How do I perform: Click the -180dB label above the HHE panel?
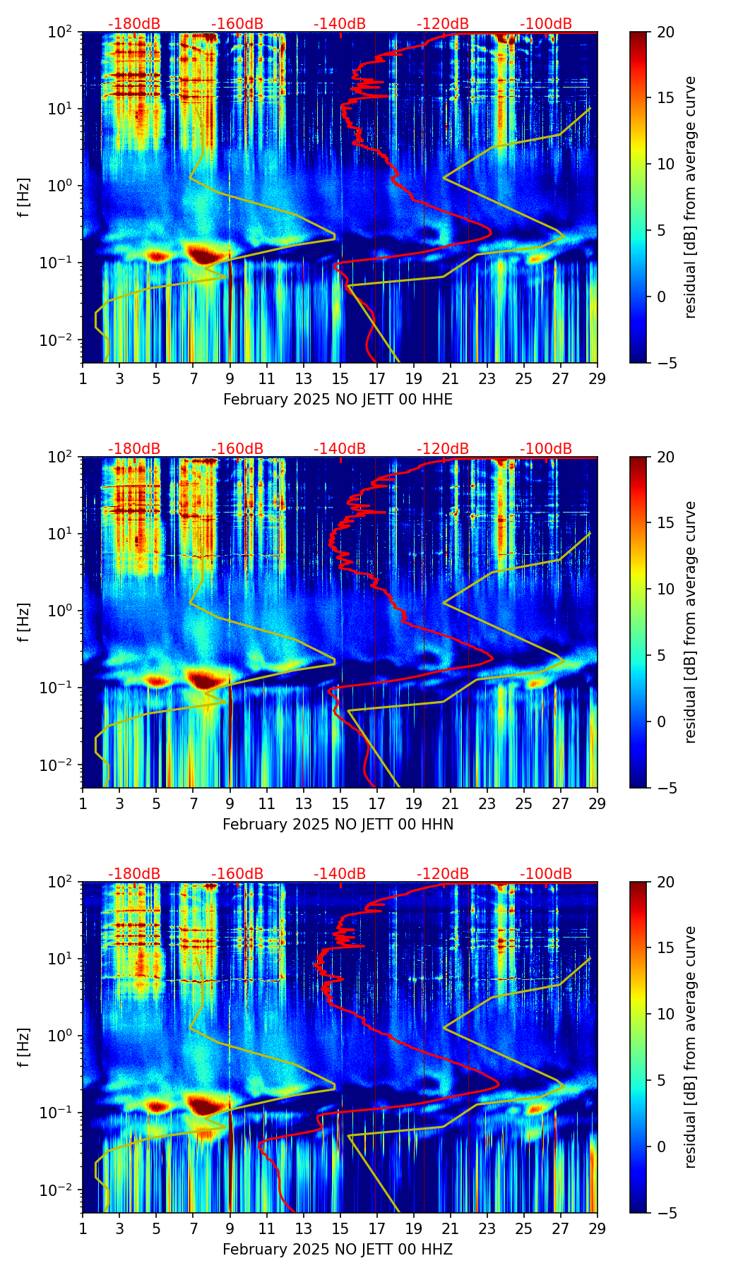134,24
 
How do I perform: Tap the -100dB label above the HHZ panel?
546,874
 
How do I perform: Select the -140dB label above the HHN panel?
340,449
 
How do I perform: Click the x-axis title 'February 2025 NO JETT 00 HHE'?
338,400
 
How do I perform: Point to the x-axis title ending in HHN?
338,825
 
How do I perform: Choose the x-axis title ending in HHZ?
338,1250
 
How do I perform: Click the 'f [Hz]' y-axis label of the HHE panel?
24,198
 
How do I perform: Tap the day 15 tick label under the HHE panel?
340,378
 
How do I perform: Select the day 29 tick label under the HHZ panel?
598,1228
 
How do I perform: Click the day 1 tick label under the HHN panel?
83,803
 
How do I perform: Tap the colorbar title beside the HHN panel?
690,622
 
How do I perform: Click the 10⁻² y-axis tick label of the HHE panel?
62,340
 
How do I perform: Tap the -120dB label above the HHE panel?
443,24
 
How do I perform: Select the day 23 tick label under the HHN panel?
487,803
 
